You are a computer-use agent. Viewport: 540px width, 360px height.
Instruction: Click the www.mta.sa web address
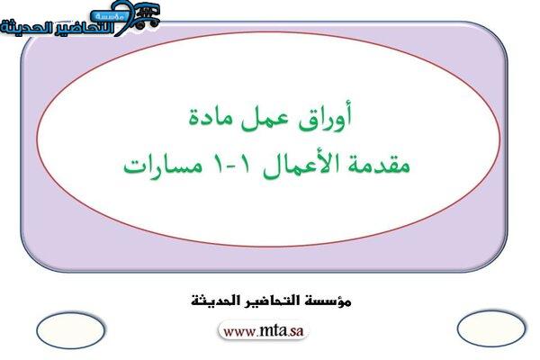click(x=263, y=331)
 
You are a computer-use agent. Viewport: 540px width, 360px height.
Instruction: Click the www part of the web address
click(x=239, y=332)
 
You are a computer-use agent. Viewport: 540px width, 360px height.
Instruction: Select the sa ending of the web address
click(x=296, y=332)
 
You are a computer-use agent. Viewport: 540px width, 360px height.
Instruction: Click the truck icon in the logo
click(x=147, y=15)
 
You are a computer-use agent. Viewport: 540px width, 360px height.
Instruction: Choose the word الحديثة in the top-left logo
click(x=23, y=28)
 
